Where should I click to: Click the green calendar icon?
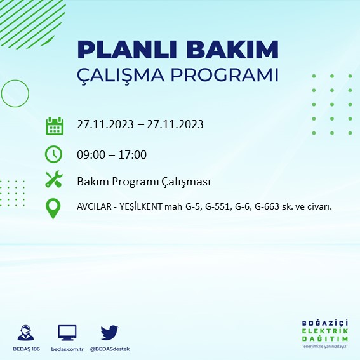[55, 125]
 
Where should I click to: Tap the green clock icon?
[54, 154]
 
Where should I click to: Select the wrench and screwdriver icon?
[54, 180]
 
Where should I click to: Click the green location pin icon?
[54, 208]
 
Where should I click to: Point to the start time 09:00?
[90, 154]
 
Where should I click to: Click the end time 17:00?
[133, 154]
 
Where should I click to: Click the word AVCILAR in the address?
[94, 206]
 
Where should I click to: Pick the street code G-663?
[271, 206]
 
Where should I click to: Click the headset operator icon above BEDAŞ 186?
[27, 333]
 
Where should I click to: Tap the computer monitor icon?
[67, 332]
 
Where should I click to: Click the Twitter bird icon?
[109, 332]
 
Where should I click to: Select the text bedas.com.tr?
[67, 349]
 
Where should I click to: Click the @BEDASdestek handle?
[109, 349]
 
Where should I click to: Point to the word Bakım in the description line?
[92, 182]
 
